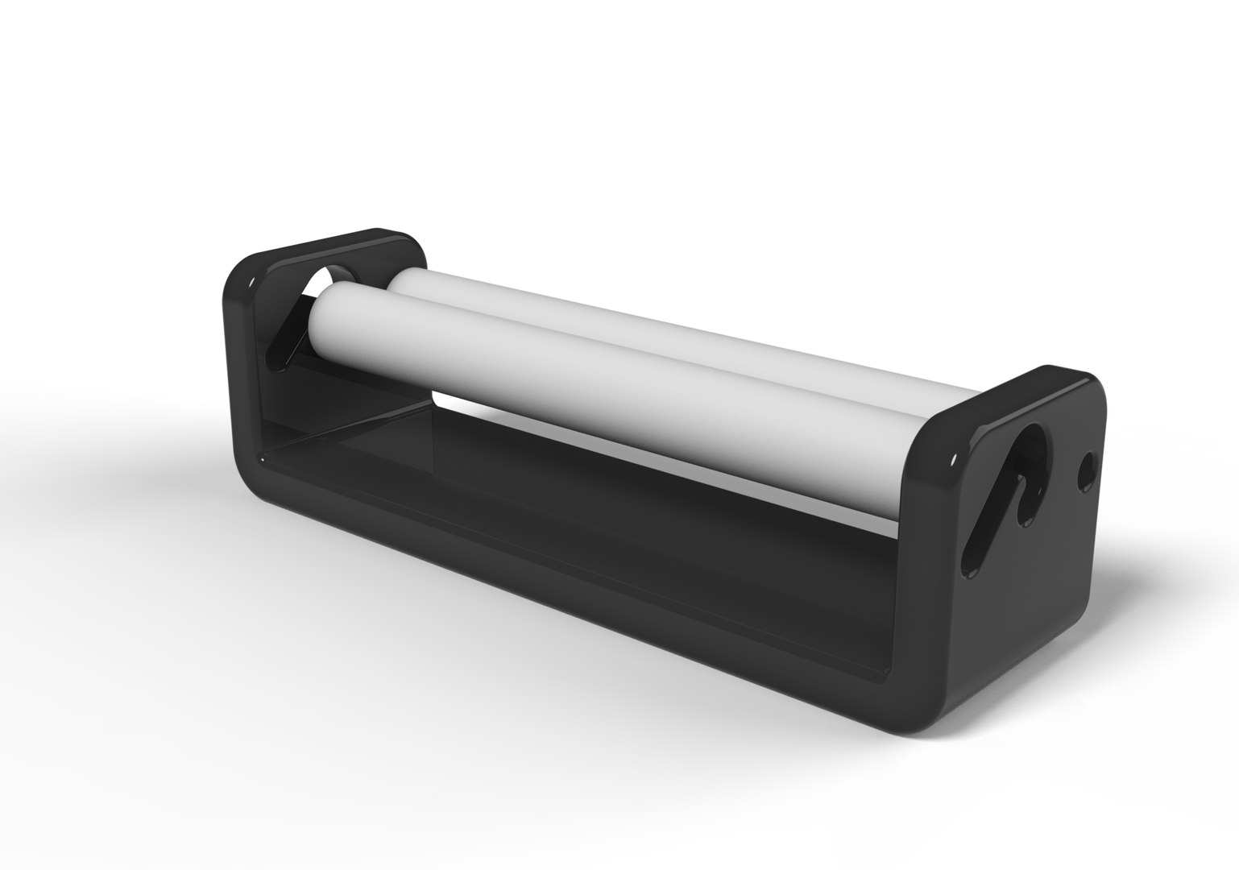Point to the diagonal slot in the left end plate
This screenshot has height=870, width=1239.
click(282, 338)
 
